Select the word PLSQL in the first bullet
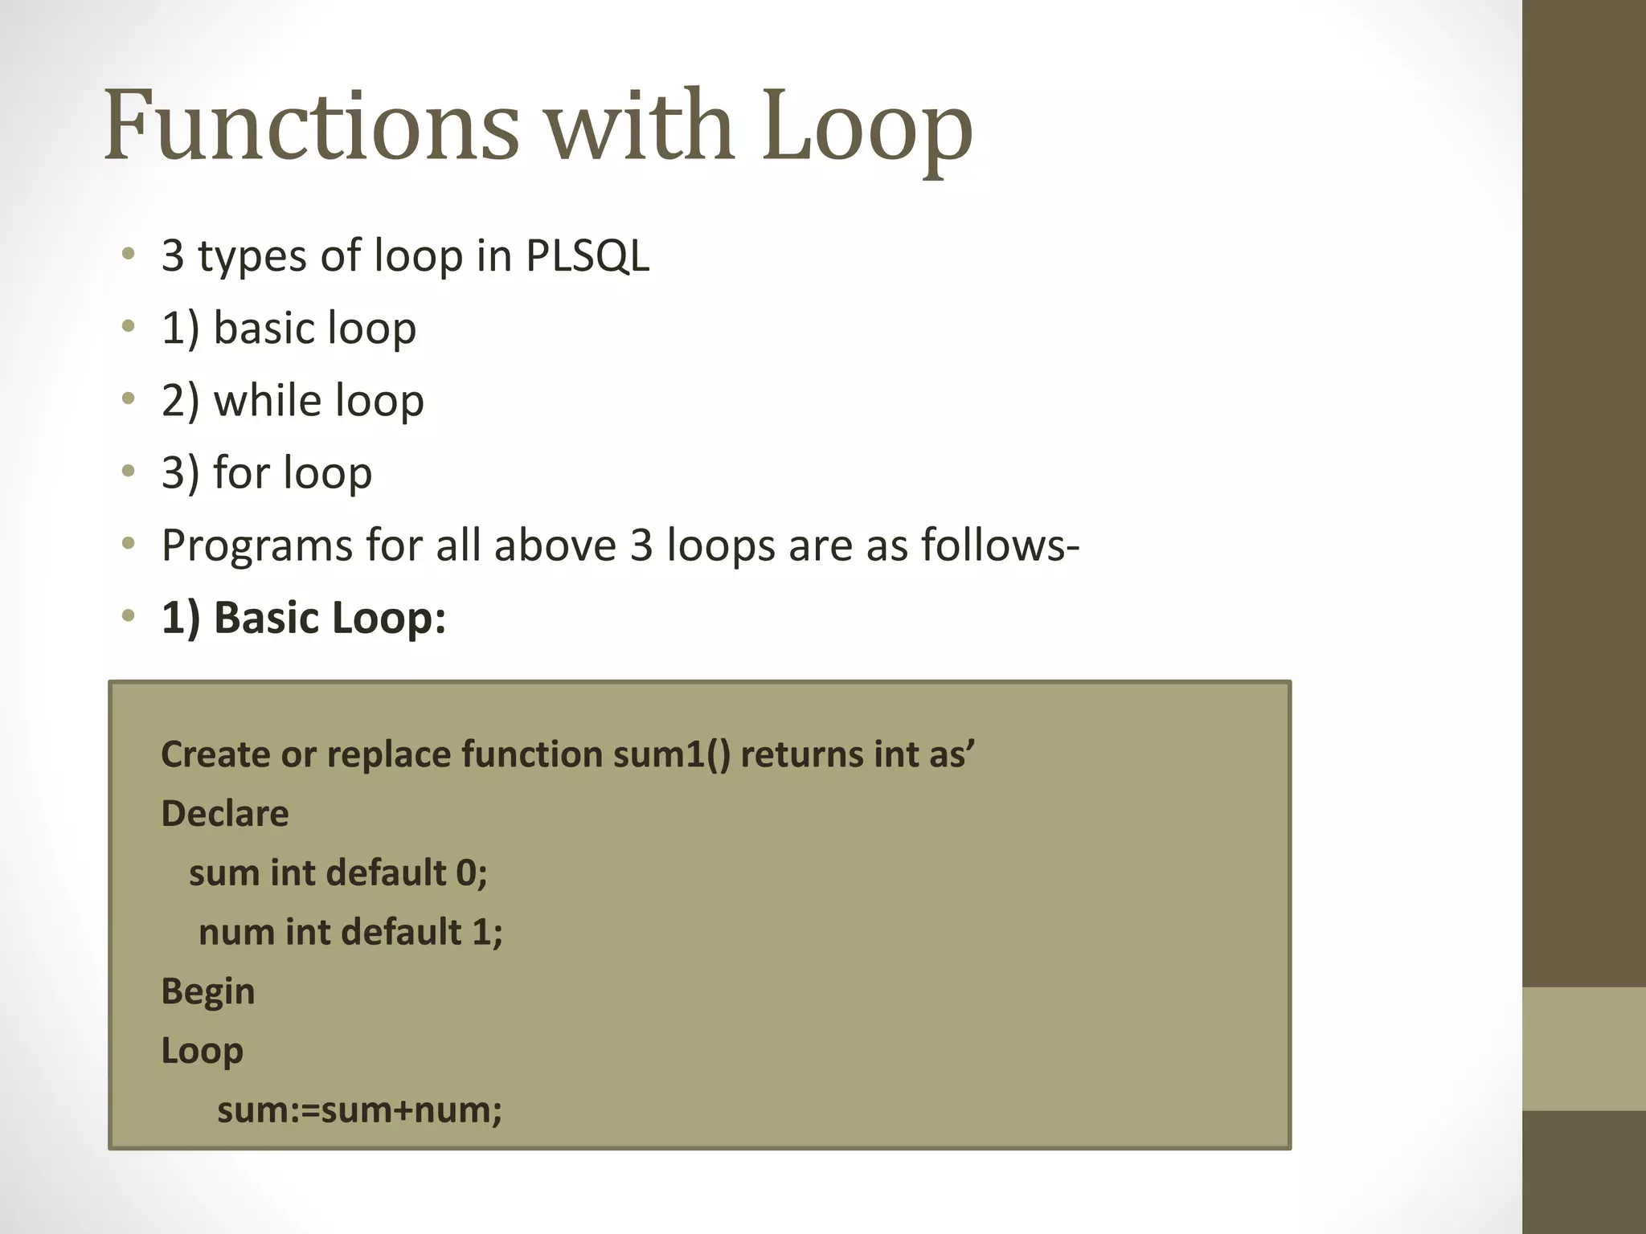tap(587, 256)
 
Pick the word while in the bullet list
tap(267, 400)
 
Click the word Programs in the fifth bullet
tap(256, 546)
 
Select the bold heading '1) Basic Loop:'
tap(303, 618)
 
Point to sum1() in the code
tap(671, 754)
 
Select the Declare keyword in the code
tap(225, 814)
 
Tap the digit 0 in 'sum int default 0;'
tap(466, 872)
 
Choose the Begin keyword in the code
tap(207, 991)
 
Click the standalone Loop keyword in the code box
tap(202, 1051)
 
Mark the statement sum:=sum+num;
tap(359, 1110)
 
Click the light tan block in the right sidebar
tap(1583, 1048)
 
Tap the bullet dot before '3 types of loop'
tap(129, 255)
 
